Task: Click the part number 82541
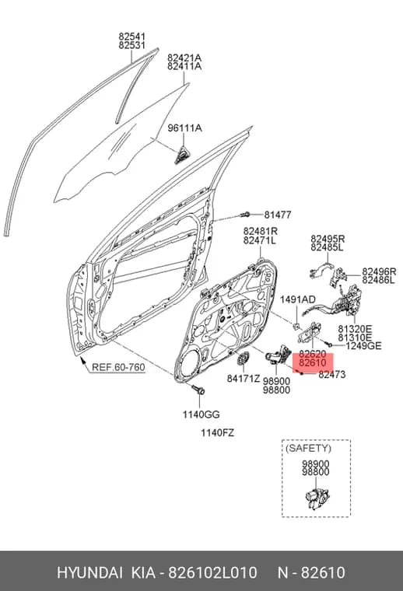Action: tap(132, 37)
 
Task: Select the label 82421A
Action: tap(184, 58)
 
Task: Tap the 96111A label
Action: tap(184, 128)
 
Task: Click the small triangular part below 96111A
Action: tap(183, 155)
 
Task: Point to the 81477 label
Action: tap(278, 215)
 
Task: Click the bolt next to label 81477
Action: tap(245, 215)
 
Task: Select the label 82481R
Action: tap(261, 231)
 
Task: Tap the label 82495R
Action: tap(328, 239)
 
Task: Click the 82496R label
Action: tap(379, 271)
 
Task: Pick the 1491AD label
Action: tap(298, 299)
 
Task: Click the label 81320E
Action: tap(355, 329)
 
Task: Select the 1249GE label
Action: tap(363, 345)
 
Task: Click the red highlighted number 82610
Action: tap(313, 364)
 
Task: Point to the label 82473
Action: tap(332, 375)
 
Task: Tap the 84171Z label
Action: tap(244, 378)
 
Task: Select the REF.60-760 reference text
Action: tap(118, 367)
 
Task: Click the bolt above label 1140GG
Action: tap(198, 390)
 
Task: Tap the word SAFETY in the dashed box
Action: tap(308, 449)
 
